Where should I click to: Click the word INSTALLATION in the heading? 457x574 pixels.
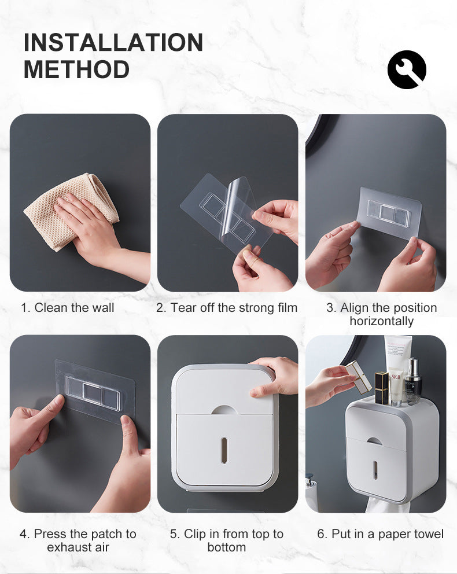pyautogui.click(x=113, y=42)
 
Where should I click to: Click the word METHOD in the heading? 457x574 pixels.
pyautogui.click(x=76, y=69)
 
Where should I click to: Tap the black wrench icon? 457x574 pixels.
pyautogui.click(x=407, y=69)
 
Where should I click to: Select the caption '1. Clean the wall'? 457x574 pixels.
pyautogui.click(x=67, y=307)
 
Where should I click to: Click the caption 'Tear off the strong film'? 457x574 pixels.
pyautogui.click(x=234, y=307)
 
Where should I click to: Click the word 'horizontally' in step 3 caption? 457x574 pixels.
pyautogui.click(x=382, y=321)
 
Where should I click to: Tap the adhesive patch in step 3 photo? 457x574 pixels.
pyautogui.click(x=390, y=213)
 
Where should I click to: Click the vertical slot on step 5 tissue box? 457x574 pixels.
pyautogui.click(x=224, y=450)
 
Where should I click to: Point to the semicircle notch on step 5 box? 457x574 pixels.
pyautogui.click(x=224, y=410)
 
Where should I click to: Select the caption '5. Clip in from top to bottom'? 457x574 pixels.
pyautogui.click(x=227, y=540)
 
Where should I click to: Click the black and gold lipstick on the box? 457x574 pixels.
pyautogui.click(x=381, y=388)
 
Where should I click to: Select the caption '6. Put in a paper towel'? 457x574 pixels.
pyautogui.click(x=381, y=533)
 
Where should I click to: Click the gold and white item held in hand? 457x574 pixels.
pyautogui.click(x=358, y=376)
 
